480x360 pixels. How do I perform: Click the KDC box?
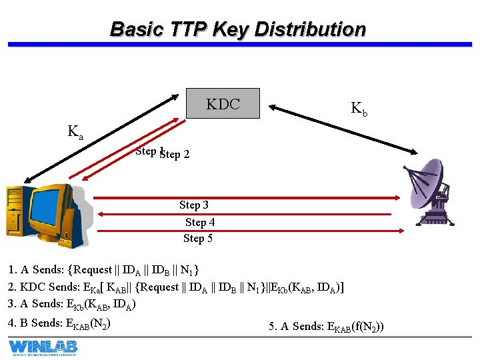coord(223,103)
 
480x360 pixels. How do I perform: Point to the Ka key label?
coord(75,131)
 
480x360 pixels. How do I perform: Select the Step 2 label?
coord(175,155)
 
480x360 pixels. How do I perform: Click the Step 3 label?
coord(194,205)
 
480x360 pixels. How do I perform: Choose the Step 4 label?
coord(200,222)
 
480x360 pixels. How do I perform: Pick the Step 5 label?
coord(198,238)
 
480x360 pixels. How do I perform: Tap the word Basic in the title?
coord(136,29)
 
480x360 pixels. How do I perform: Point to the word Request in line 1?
coord(93,270)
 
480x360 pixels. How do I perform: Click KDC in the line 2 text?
coord(33,287)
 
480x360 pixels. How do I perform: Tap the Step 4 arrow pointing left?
coord(247,214)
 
